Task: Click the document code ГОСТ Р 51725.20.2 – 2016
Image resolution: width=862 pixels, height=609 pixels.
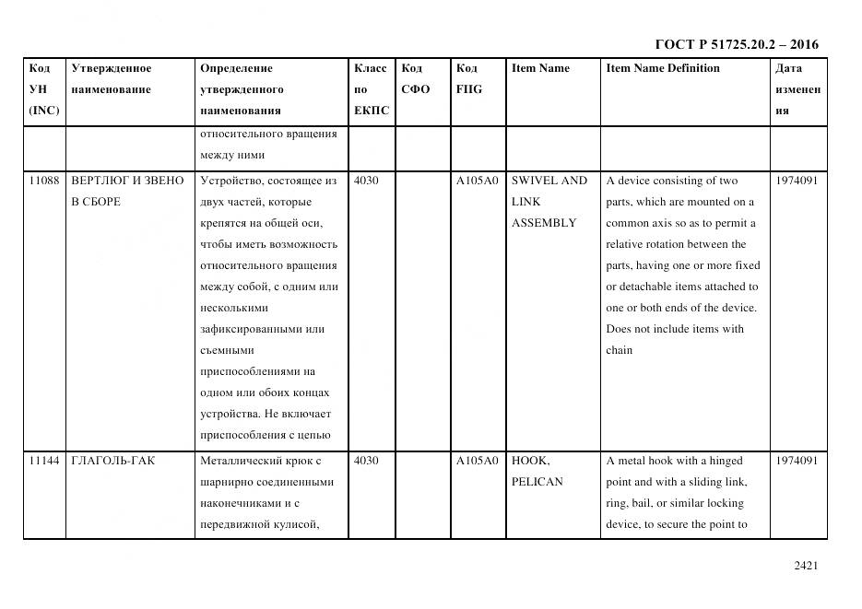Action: (736, 44)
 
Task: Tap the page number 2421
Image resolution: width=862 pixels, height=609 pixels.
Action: (806, 566)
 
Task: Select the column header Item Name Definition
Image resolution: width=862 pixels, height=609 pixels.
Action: (662, 68)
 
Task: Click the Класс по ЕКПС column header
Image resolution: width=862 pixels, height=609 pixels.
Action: (371, 89)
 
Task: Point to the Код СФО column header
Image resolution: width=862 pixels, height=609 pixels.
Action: (416, 78)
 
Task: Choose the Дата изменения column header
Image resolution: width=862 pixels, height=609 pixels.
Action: (797, 89)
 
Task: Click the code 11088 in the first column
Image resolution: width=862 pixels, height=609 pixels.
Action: (43, 181)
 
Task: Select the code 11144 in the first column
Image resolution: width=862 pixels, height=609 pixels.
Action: (43, 461)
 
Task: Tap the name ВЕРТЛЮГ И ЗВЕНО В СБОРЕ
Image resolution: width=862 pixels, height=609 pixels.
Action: (126, 191)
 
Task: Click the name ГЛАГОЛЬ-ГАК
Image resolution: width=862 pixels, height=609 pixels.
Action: (113, 461)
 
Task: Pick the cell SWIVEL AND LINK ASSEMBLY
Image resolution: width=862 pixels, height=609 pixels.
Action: (549, 202)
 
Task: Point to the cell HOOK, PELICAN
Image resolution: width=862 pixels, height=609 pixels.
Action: (537, 471)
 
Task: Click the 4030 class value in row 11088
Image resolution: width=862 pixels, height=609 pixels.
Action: (366, 181)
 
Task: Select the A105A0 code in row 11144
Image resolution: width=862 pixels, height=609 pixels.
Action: (477, 461)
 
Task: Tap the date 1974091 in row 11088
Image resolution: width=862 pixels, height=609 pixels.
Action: (797, 181)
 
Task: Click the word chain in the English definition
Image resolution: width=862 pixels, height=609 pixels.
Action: (620, 350)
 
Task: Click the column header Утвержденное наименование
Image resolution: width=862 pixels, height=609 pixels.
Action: (111, 78)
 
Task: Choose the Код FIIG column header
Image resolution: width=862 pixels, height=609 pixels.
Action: (468, 78)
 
